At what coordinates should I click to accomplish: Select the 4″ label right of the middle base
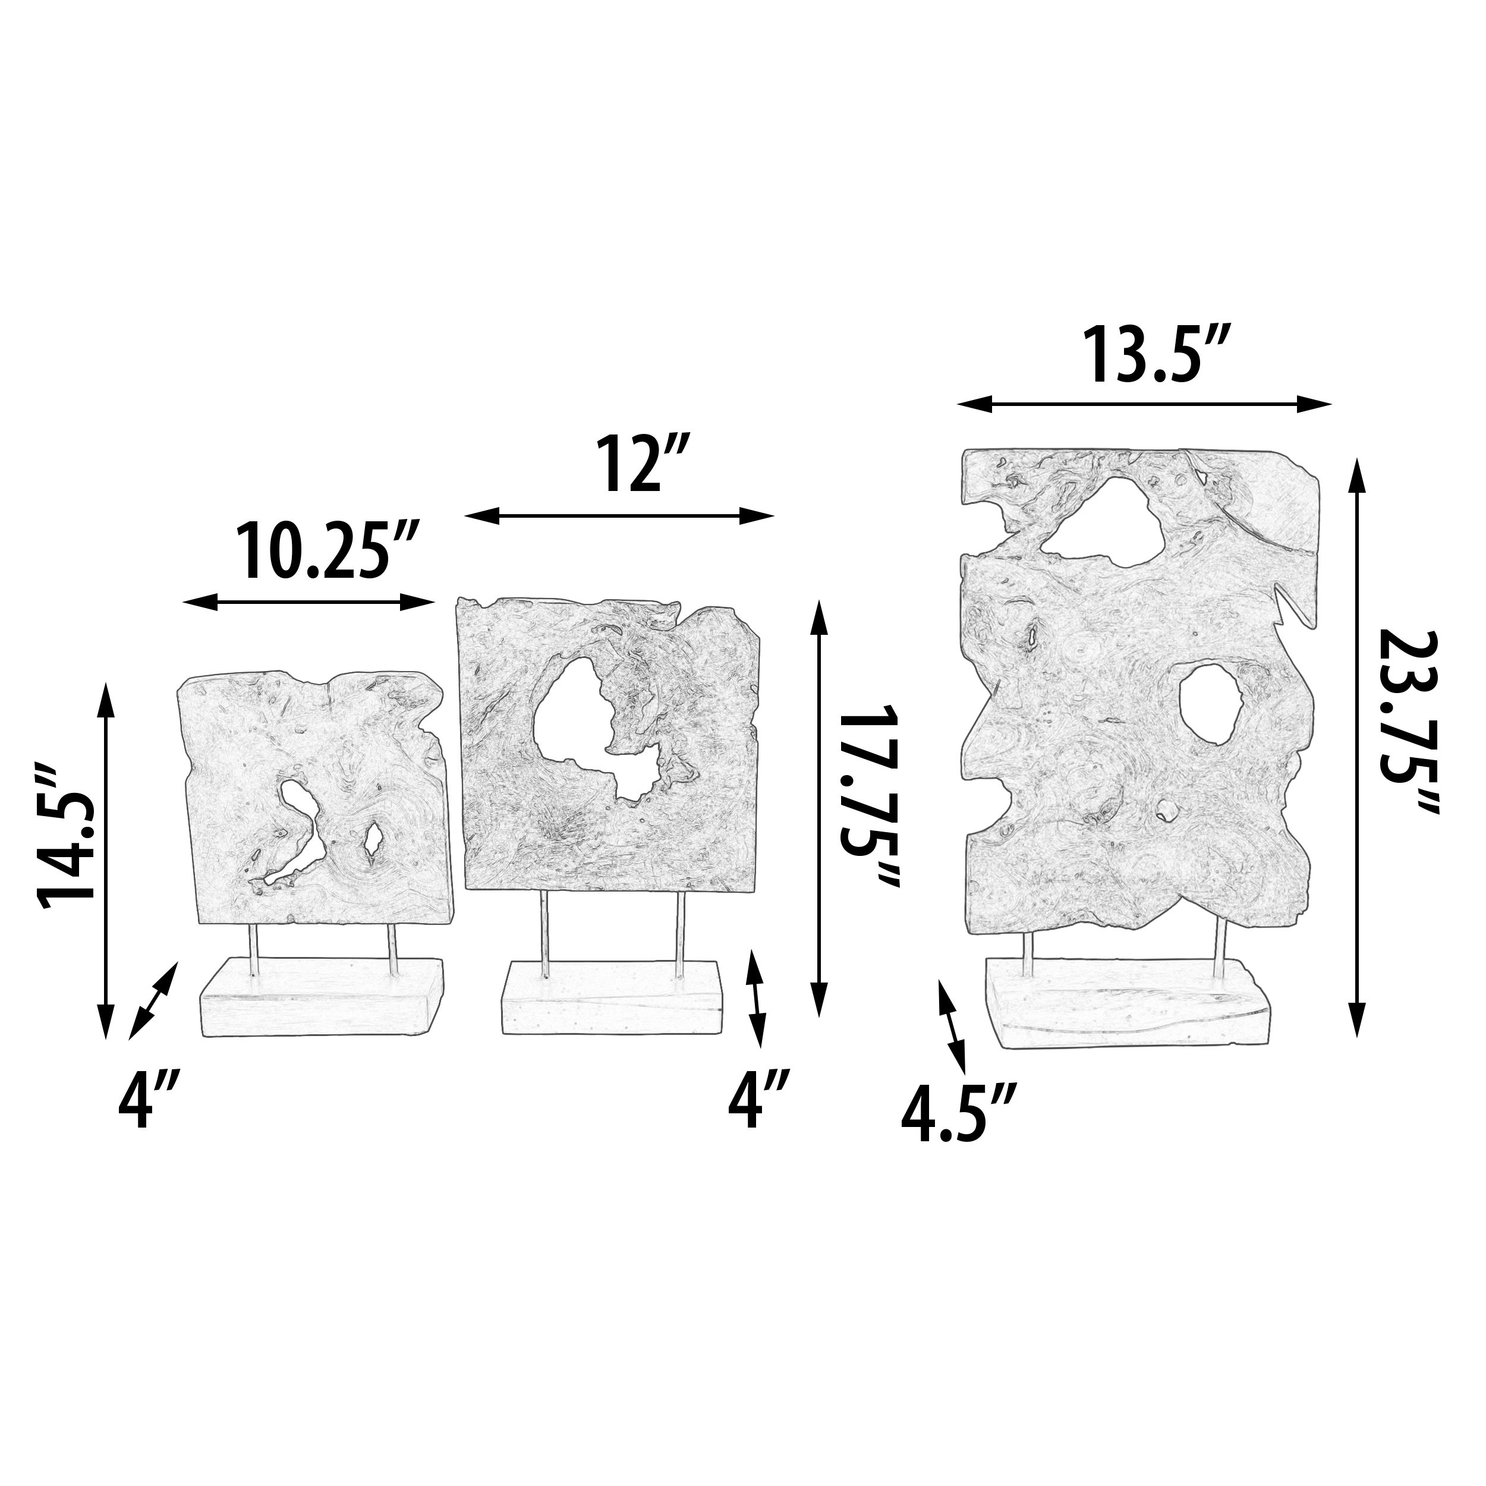point(758,1102)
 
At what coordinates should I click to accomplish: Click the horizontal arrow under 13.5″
point(1144,403)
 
